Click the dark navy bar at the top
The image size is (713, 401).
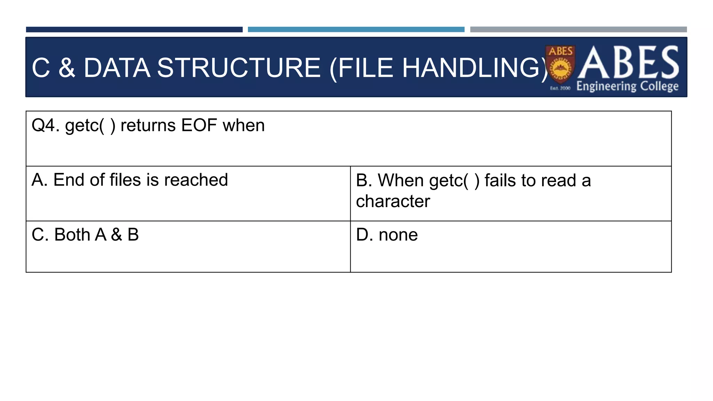coord(134,30)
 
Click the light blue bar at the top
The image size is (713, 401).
coord(356,30)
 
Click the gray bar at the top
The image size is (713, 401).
coord(578,30)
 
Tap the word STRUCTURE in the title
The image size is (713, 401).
coord(238,68)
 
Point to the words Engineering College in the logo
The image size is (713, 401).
coord(627,86)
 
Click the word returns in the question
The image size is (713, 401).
coord(148,125)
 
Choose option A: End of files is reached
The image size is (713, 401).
coord(130,180)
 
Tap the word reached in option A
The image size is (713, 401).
coord(196,180)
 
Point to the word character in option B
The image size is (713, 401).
coord(393,201)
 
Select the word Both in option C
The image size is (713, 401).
coord(72,235)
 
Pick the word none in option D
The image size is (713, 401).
coord(398,235)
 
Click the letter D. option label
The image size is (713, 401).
coord(364,235)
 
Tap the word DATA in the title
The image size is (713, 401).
coord(117,68)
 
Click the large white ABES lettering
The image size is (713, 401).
coord(628,63)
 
